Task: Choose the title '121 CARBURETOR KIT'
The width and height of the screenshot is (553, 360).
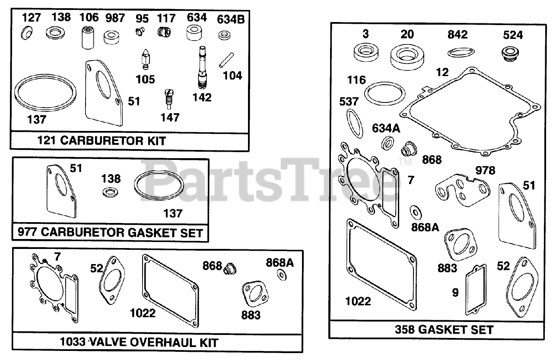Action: pos(102,141)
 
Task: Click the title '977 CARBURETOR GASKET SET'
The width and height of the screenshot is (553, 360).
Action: pos(111,233)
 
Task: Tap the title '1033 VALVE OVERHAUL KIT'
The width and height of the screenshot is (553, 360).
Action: pos(139,343)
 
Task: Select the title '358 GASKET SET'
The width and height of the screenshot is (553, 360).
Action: pos(444,330)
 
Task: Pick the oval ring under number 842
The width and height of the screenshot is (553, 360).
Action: pos(458,52)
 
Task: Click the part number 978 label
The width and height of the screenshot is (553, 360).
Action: pos(485,170)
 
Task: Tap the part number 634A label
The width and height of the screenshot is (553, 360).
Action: pos(386,128)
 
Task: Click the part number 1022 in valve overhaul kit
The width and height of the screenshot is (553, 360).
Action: pos(143,312)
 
